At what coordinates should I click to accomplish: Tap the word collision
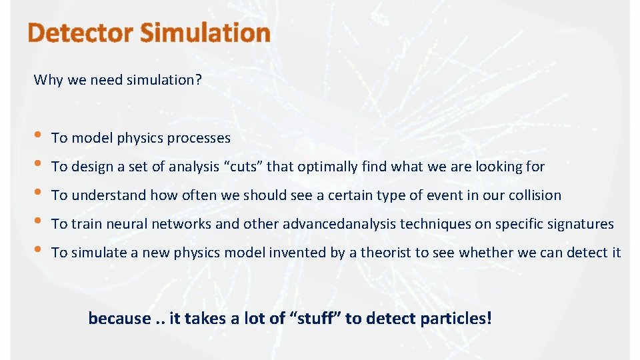(534, 195)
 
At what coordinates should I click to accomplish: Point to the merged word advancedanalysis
(339, 224)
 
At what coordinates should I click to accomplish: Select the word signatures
(581, 224)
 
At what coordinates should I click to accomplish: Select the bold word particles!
(456, 318)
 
